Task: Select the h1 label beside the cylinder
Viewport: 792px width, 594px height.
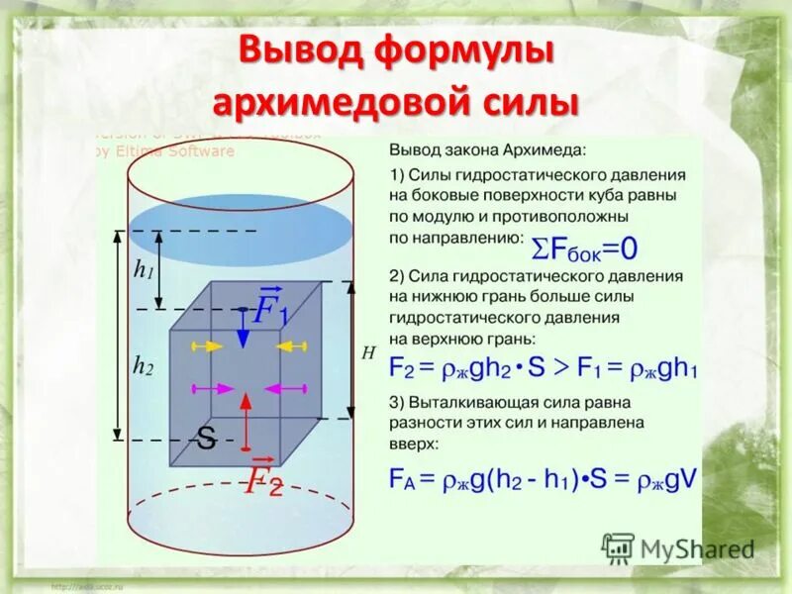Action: [x=144, y=270]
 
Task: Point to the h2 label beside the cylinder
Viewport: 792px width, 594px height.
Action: [x=144, y=366]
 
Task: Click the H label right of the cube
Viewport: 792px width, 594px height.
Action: [x=368, y=352]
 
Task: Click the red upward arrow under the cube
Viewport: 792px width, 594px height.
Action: [x=244, y=416]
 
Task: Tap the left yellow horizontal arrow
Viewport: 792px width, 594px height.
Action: [x=206, y=346]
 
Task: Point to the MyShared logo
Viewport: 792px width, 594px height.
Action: [x=678, y=547]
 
